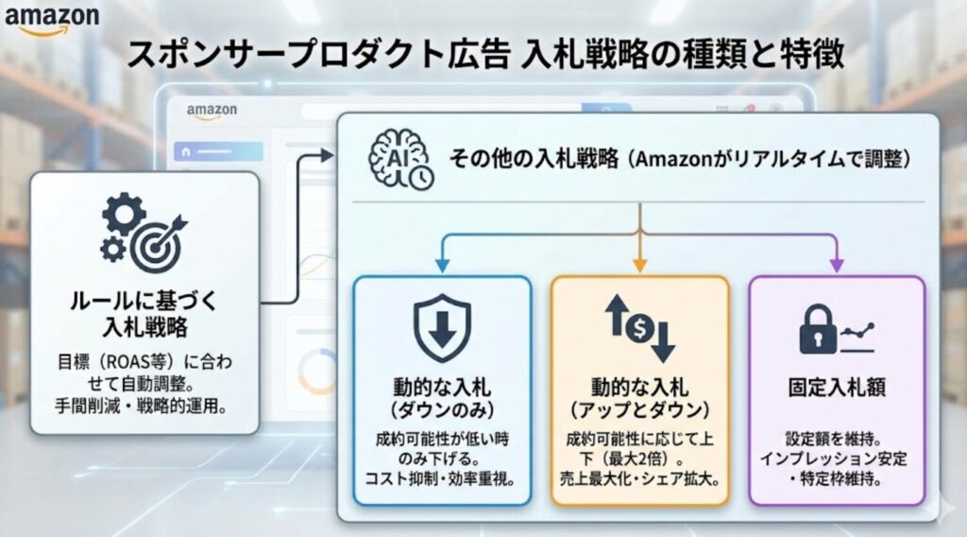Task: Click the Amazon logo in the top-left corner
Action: point(51,20)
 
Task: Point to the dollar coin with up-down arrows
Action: point(639,327)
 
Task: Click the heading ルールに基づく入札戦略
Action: point(144,315)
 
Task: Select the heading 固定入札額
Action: point(836,388)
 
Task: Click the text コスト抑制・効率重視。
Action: point(441,479)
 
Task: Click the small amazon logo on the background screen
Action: point(212,112)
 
